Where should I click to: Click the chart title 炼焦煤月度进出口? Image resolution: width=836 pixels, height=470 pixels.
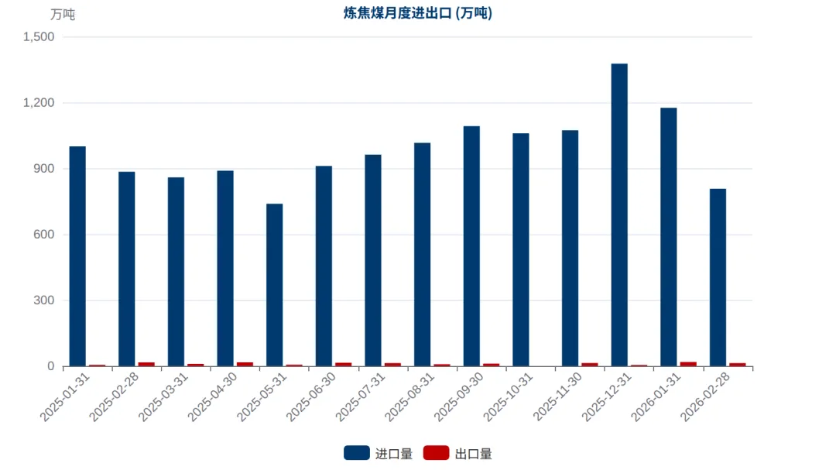pos(397,13)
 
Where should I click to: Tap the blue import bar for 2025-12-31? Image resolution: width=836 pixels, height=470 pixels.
pos(619,215)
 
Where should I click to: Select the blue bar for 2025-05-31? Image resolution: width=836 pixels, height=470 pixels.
pos(275,285)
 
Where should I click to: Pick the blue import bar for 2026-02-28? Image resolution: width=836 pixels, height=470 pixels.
pos(718,277)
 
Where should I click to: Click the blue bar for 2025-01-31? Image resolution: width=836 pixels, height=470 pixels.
pos(77,256)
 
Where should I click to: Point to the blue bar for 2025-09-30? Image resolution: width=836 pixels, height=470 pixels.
pos(471,246)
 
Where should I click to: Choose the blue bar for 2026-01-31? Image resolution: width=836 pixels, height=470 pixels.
pos(669,238)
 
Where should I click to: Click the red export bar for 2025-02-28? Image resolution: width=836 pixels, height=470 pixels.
pos(146,365)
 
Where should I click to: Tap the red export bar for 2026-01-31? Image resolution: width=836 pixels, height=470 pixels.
pos(688,365)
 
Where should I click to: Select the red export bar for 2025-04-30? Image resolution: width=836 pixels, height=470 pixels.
pos(245,365)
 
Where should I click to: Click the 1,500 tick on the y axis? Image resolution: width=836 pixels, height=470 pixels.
pos(39,37)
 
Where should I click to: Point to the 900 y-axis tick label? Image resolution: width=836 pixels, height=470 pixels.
pos(43,169)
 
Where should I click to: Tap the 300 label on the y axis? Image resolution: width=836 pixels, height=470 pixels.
pos(43,300)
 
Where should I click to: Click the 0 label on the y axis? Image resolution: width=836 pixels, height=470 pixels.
pos(50,366)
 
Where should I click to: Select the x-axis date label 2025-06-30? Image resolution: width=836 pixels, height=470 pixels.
pos(311,397)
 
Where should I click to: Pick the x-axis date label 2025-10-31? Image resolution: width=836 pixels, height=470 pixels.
pos(508,397)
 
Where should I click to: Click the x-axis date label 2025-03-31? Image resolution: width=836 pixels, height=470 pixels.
pos(163,397)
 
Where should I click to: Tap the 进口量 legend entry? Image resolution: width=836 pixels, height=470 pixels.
pos(378,454)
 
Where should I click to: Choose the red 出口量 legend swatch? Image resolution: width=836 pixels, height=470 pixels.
pos(436,453)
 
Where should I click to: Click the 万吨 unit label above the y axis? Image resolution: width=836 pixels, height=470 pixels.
pos(63,15)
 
